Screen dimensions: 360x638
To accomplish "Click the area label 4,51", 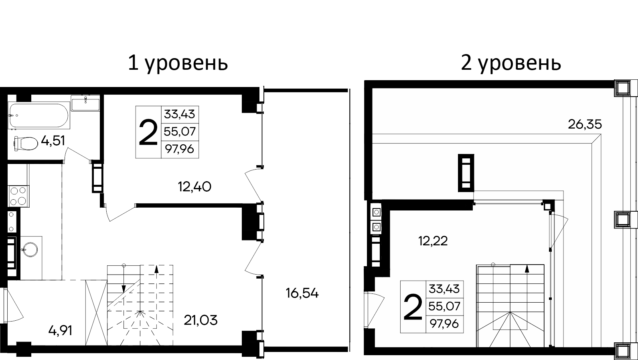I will [x=53, y=141].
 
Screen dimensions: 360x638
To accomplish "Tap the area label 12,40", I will [x=194, y=186].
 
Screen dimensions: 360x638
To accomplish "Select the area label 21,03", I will [x=201, y=320].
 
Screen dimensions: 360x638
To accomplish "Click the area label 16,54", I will [x=302, y=293].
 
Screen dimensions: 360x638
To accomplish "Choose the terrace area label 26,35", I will [x=585, y=125].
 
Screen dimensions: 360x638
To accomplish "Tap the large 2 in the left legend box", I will [x=148, y=133].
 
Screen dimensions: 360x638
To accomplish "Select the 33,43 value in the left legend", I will [x=179, y=115].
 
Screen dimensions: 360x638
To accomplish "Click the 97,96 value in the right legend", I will [x=444, y=323].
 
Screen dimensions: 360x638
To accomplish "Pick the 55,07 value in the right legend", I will [x=444, y=306].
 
